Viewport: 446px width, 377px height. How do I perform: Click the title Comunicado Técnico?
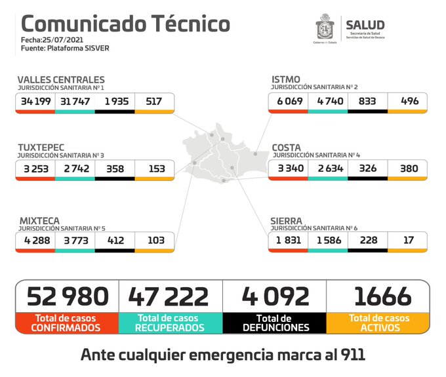pos(125,24)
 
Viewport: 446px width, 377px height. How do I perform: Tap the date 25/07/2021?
pos(64,40)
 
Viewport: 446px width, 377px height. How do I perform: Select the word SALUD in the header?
pos(365,25)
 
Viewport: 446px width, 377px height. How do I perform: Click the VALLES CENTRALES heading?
pos(60,79)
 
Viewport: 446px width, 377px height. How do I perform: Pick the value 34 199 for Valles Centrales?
pos(35,102)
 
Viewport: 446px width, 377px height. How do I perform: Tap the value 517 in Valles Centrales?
pos(155,102)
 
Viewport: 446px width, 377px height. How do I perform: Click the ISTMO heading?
pos(286,79)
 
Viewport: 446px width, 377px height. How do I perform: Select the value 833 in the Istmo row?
pos(367,102)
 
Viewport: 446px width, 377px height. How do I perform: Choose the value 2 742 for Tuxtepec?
pos(75,169)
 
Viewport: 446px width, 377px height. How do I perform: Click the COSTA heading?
pos(287,147)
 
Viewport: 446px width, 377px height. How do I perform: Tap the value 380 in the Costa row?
pos(407,169)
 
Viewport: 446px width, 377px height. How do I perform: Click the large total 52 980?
pos(67,296)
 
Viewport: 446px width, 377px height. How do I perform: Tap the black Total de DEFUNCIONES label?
pos(274,323)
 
